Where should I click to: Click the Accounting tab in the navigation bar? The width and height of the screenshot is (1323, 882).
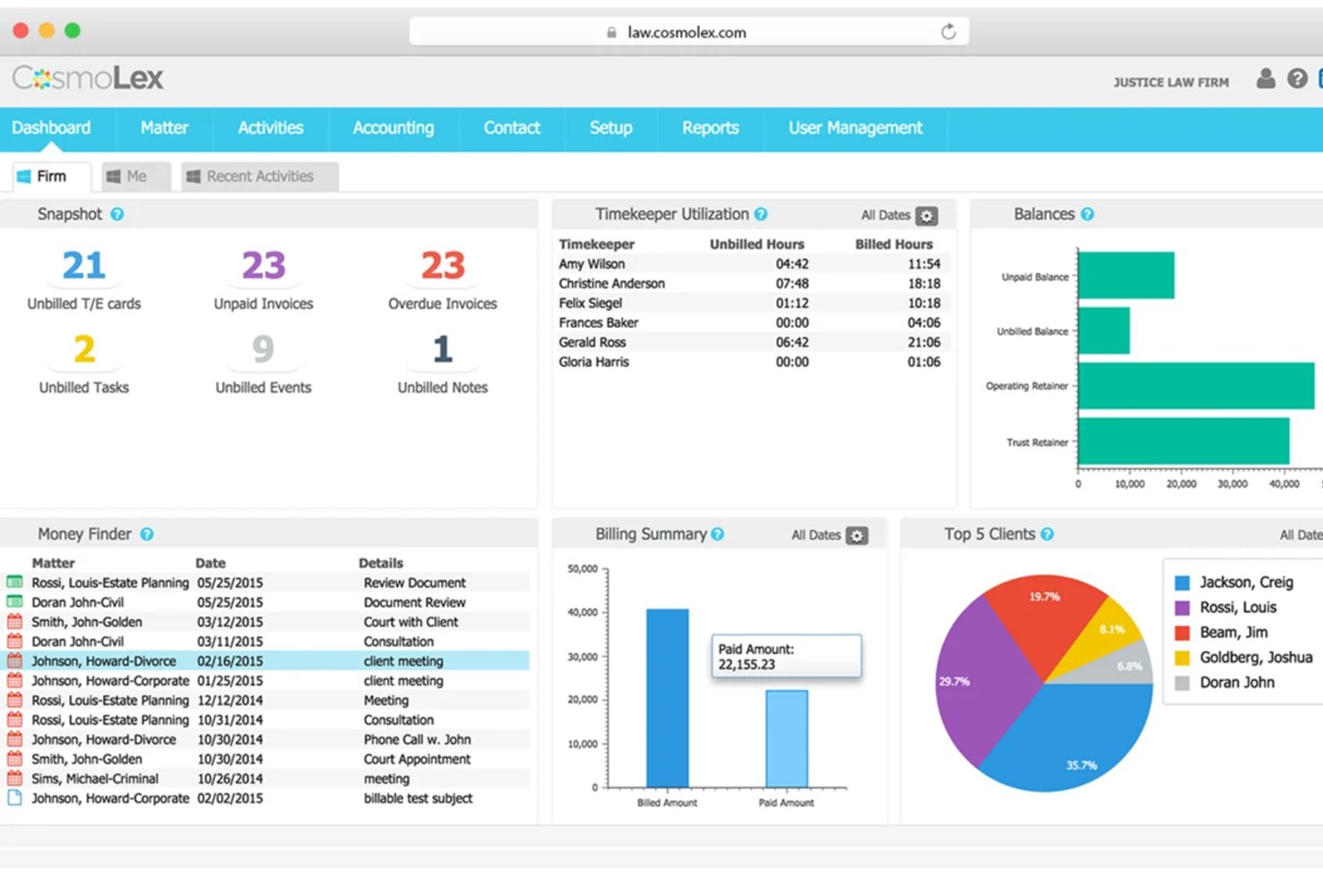click(393, 128)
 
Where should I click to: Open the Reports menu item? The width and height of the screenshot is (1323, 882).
click(711, 128)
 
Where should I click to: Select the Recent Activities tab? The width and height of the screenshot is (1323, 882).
click(260, 177)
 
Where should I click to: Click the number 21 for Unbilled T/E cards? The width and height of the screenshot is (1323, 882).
click(84, 265)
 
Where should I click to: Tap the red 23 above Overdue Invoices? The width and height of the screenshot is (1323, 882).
click(443, 265)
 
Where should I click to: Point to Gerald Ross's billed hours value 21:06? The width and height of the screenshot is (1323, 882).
click(923, 342)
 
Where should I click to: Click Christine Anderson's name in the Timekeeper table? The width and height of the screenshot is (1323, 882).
click(611, 283)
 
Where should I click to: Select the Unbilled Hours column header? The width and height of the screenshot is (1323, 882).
click(756, 245)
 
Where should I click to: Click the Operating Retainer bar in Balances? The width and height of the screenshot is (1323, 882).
click(1196, 386)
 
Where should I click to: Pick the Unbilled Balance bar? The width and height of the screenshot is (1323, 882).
click(1104, 331)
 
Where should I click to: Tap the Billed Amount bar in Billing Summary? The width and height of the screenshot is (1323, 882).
click(668, 698)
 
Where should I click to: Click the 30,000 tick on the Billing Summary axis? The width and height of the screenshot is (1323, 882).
click(582, 657)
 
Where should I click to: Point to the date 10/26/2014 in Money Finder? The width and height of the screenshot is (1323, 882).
click(231, 778)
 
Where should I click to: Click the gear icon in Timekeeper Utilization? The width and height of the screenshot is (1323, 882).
click(926, 216)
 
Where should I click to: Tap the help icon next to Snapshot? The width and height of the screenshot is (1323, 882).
click(117, 214)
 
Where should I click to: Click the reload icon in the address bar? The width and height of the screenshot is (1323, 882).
click(948, 31)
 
